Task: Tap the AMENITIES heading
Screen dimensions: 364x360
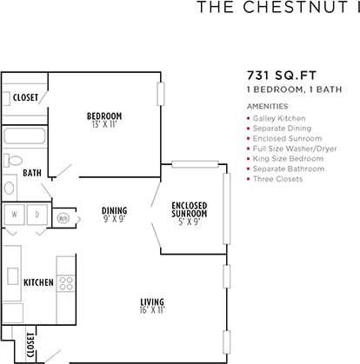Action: [x=269, y=106]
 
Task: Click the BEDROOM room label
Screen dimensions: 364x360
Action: [x=103, y=116]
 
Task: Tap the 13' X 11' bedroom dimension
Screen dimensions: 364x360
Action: [x=103, y=125]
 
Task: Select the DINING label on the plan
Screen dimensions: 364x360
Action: [x=114, y=210]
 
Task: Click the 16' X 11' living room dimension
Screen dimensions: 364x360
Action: [x=152, y=310]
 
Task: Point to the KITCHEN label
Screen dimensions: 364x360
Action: [x=38, y=282]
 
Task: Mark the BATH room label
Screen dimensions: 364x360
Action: [x=32, y=173]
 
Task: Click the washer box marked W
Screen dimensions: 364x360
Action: [x=14, y=214]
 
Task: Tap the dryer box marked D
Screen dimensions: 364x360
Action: [x=37, y=214]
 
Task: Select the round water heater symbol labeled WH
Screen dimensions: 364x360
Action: [x=63, y=218]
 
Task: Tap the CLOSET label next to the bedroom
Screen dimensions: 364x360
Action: [x=25, y=97]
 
